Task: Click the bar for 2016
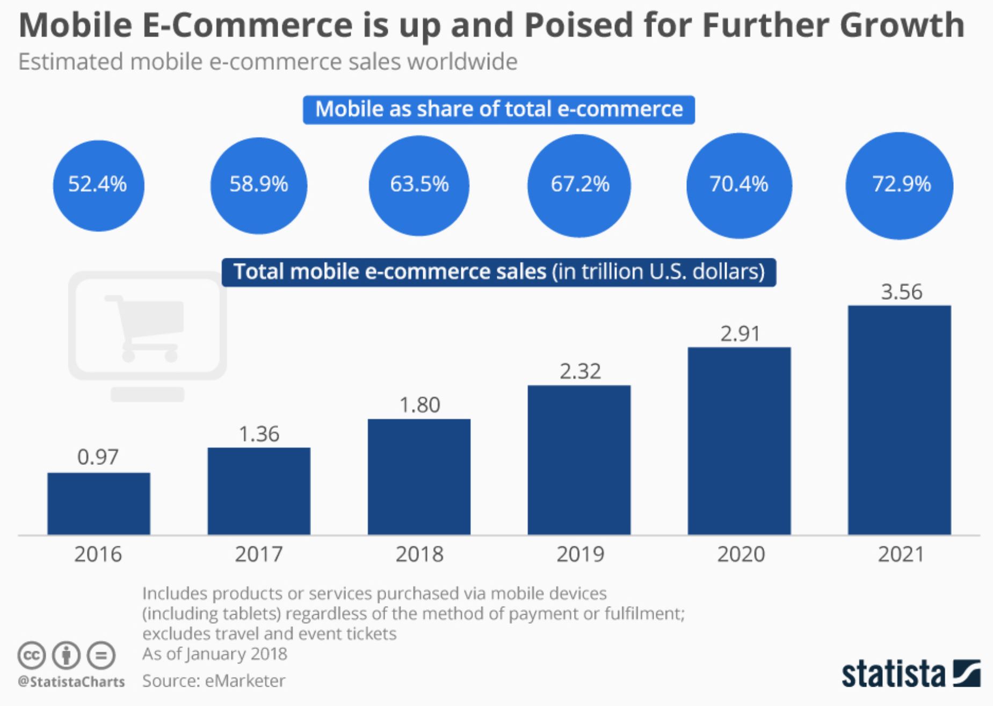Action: click(x=99, y=503)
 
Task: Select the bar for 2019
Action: click(x=579, y=460)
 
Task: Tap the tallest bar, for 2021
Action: click(x=899, y=420)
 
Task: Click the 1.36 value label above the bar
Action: click(x=259, y=434)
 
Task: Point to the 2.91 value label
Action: click(x=740, y=334)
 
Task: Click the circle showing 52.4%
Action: click(x=98, y=185)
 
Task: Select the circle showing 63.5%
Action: click(x=419, y=185)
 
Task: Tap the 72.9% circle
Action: click(x=900, y=185)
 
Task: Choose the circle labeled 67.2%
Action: click(x=579, y=185)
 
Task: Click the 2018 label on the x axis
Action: click(x=419, y=554)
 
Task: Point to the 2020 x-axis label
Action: click(x=741, y=554)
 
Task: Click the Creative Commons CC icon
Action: click(x=31, y=655)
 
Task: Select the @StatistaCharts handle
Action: click(x=71, y=682)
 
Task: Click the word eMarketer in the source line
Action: click(x=245, y=681)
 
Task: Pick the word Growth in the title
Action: click(x=902, y=25)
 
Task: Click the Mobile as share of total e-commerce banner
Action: click(x=498, y=110)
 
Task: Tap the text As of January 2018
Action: click(x=214, y=654)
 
